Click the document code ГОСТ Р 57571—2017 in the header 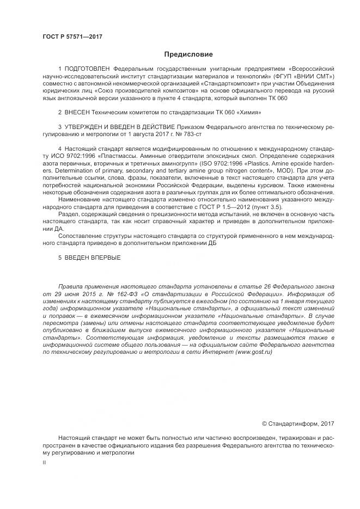[72, 36]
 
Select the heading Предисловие [188, 54]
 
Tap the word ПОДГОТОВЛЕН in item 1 [87, 69]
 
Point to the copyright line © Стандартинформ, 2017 [298, 423]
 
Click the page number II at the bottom [44, 463]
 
